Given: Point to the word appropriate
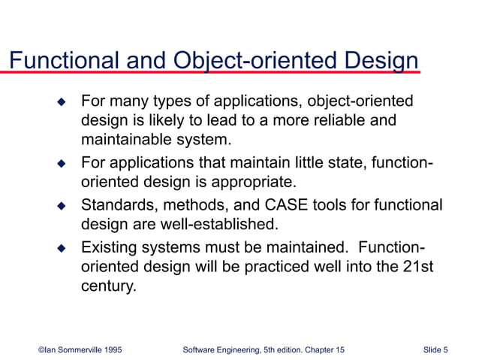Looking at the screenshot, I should point(252,182).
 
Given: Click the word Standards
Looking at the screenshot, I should point(114,204).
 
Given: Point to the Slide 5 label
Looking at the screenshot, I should point(435,349).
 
